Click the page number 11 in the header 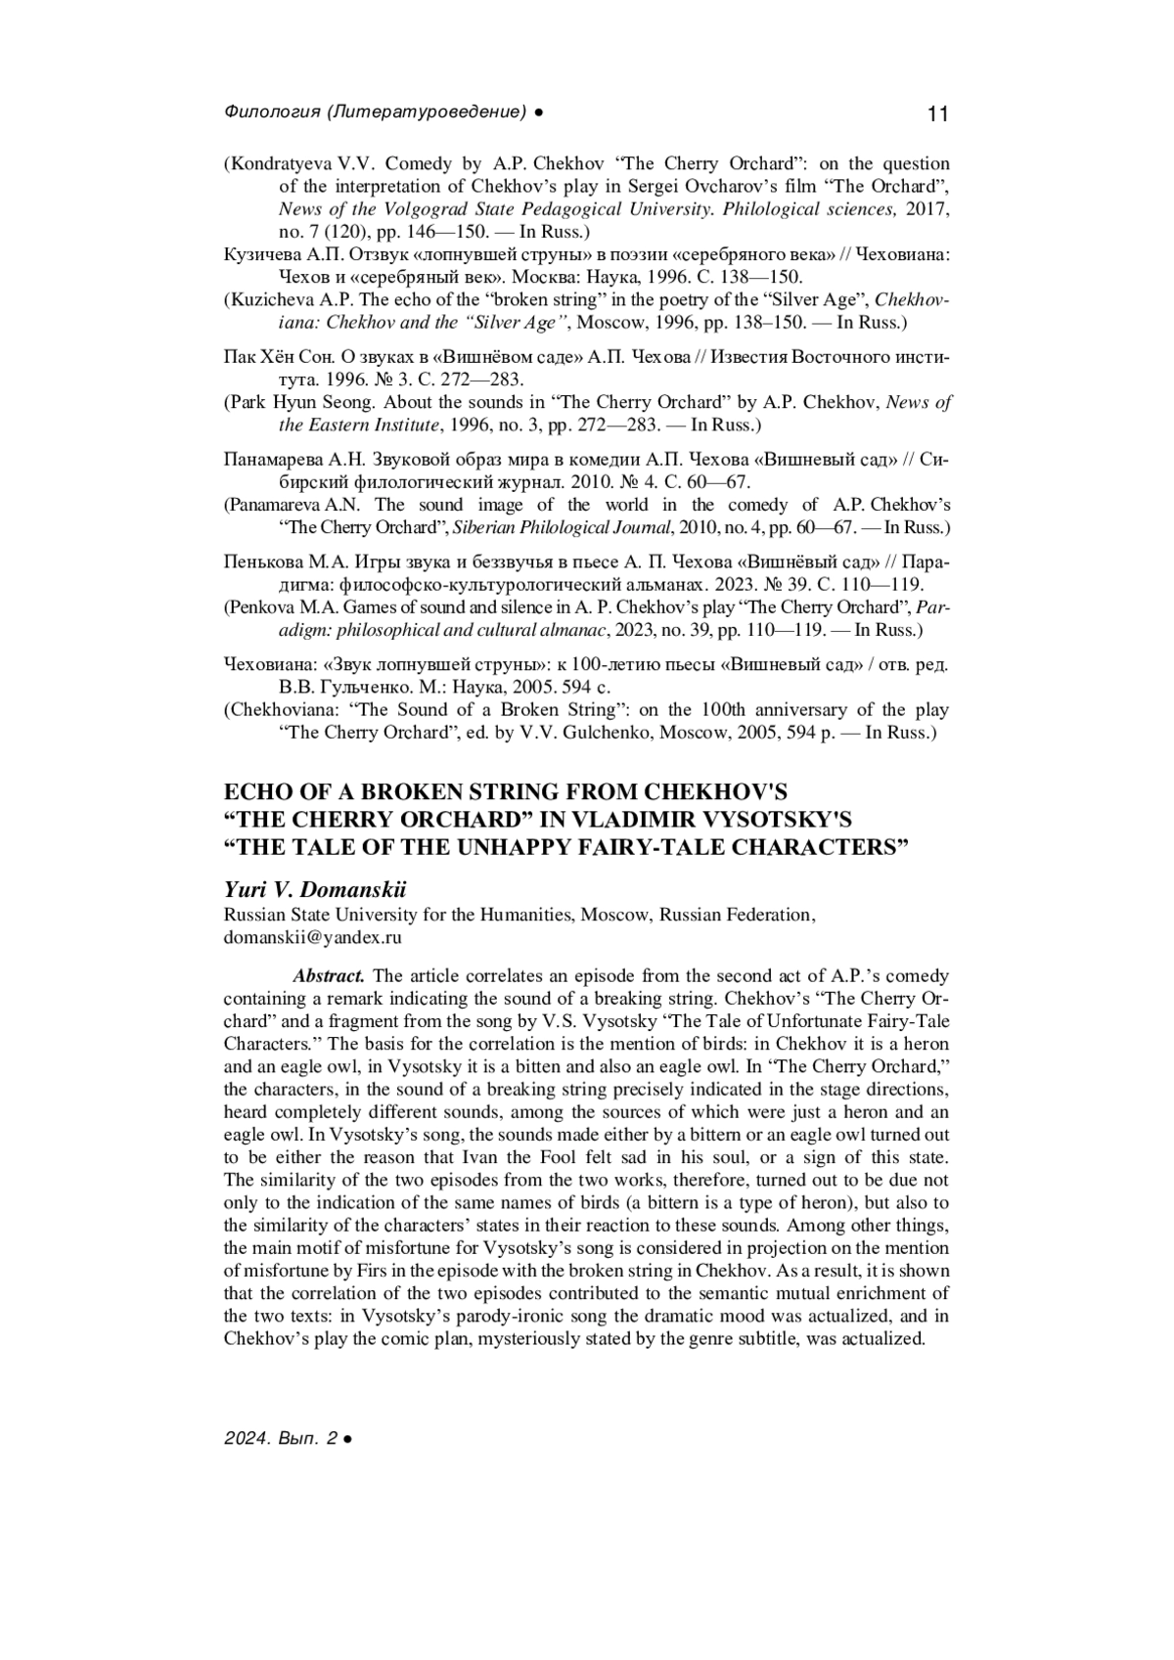936,114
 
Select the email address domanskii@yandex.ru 313,937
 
